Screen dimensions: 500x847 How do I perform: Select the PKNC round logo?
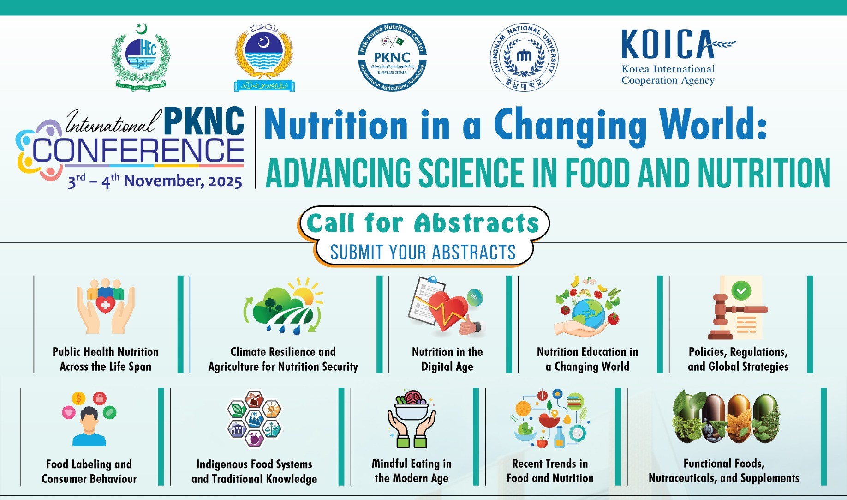392,57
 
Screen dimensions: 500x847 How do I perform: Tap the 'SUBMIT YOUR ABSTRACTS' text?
423,252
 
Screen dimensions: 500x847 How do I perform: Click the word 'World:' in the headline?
713,125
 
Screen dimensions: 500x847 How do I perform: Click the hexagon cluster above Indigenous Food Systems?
254,418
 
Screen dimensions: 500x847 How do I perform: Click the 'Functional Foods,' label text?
724,463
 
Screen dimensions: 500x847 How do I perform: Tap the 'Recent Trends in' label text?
550,463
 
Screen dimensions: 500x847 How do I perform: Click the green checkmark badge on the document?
741,291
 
